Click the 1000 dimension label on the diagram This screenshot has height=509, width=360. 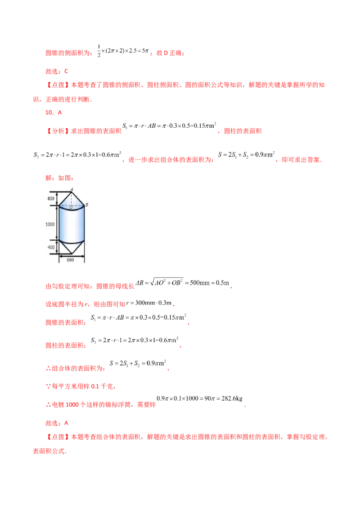pos(49,224)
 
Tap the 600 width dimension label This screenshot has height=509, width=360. pos(70,260)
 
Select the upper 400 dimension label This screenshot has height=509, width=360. pos(51,198)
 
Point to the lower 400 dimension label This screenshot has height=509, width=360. pos(51,247)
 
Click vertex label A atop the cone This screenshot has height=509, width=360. pos(72,189)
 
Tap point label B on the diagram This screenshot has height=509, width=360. pos(86,205)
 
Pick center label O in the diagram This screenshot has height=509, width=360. pos(71,208)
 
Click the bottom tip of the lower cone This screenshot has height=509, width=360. pos(72,254)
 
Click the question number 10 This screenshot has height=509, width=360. pos(49,112)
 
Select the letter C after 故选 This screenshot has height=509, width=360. pos(66,71)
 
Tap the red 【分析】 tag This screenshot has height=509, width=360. pos(57,131)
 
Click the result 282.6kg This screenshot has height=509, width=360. pos(232,398)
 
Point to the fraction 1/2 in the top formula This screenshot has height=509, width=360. pos(99,51)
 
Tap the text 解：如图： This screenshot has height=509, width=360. pos(60,178)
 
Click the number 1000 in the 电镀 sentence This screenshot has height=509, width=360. pos(72,405)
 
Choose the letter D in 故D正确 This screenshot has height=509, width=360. pos(166,53)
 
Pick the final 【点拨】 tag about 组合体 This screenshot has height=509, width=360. pos(57,437)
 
